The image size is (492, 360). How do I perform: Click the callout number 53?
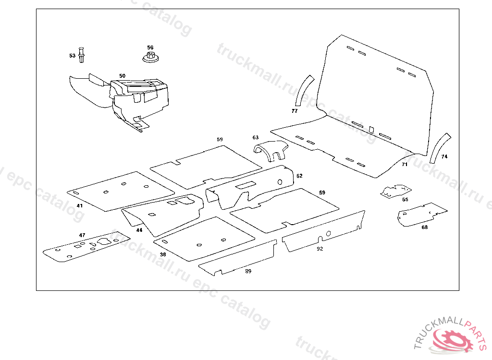pyautogui.click(x=72, y=56)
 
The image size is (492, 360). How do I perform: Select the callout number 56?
pyautogui.click(x=150, y=48)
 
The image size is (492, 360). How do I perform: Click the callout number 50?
pyautogui.click(x=123, y=76)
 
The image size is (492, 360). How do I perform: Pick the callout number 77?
pyautogui.click(x=295, y=111)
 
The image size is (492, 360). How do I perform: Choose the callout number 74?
pyautogui.click(x=444, y=156)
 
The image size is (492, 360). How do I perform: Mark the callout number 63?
pyautogui.click(x=255, y=138)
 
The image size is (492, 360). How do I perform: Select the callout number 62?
pyautogui.click(x=299, y=176)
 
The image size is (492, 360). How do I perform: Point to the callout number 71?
pyautogui.click(x=405, y=164)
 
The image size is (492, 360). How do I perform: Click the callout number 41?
pyautogui.click(x=80, y=206)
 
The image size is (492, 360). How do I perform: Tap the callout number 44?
pyautogui.click(x=139, y=230)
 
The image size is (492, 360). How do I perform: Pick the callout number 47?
pyautogui.click(x=82, y=235)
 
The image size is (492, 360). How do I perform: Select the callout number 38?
pyautogui.click(x=163, y=254)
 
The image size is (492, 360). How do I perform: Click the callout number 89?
pyautogui.click(x=248, y=271)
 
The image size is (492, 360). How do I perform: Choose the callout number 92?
pyautogui.click(x=320, y=249)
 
